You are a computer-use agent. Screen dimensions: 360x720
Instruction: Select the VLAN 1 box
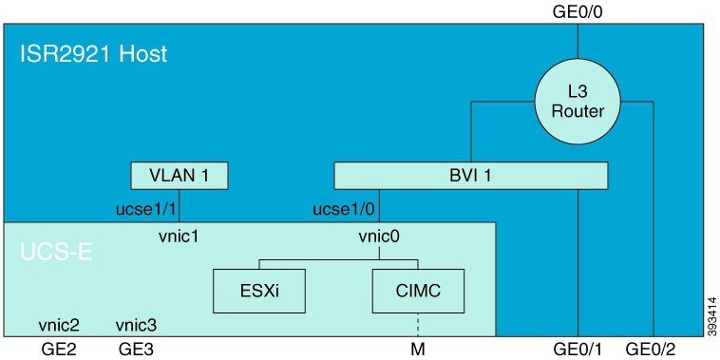(180, 176)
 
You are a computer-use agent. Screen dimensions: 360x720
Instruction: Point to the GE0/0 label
(578, 12)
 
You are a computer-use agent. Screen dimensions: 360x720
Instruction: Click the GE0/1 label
(579, 349)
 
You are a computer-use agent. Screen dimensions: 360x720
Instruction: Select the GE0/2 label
(653, 349)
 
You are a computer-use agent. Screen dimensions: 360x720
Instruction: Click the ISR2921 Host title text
(94, 53)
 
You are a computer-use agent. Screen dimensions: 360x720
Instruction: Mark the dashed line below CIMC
(417, 324)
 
